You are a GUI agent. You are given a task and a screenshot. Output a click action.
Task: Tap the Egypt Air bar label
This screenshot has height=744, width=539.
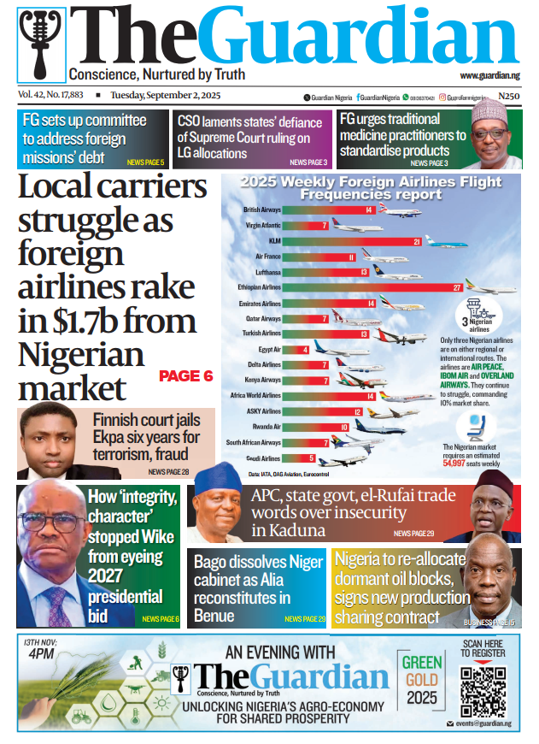click(x=269, y=349)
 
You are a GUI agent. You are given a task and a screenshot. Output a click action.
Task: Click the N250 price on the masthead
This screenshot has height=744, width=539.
click(x=509, y=97)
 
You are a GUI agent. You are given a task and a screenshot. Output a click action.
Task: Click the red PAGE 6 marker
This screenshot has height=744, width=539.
click(x=185, y=375)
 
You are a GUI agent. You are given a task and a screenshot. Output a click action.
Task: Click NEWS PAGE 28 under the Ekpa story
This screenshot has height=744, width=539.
click(x=168, y=471)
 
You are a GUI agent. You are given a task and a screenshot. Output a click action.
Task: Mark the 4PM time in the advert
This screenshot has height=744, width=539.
click(x=38, y=653)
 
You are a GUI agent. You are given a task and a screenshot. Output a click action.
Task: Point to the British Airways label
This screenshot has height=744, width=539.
click(x=262, y=210)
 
